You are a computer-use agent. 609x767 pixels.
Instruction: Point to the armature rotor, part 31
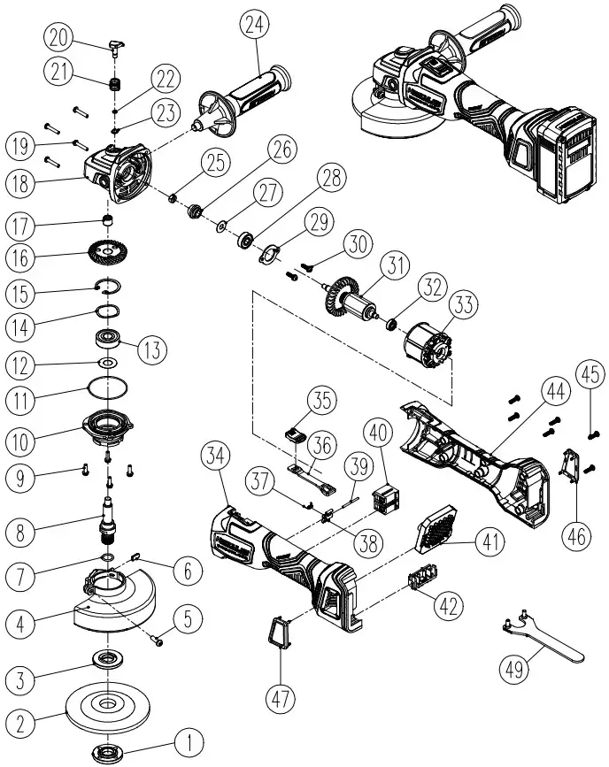[357, 300]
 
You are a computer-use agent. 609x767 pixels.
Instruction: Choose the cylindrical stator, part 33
[428, 343]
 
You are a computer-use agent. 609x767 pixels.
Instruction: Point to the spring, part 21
[113, 86]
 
